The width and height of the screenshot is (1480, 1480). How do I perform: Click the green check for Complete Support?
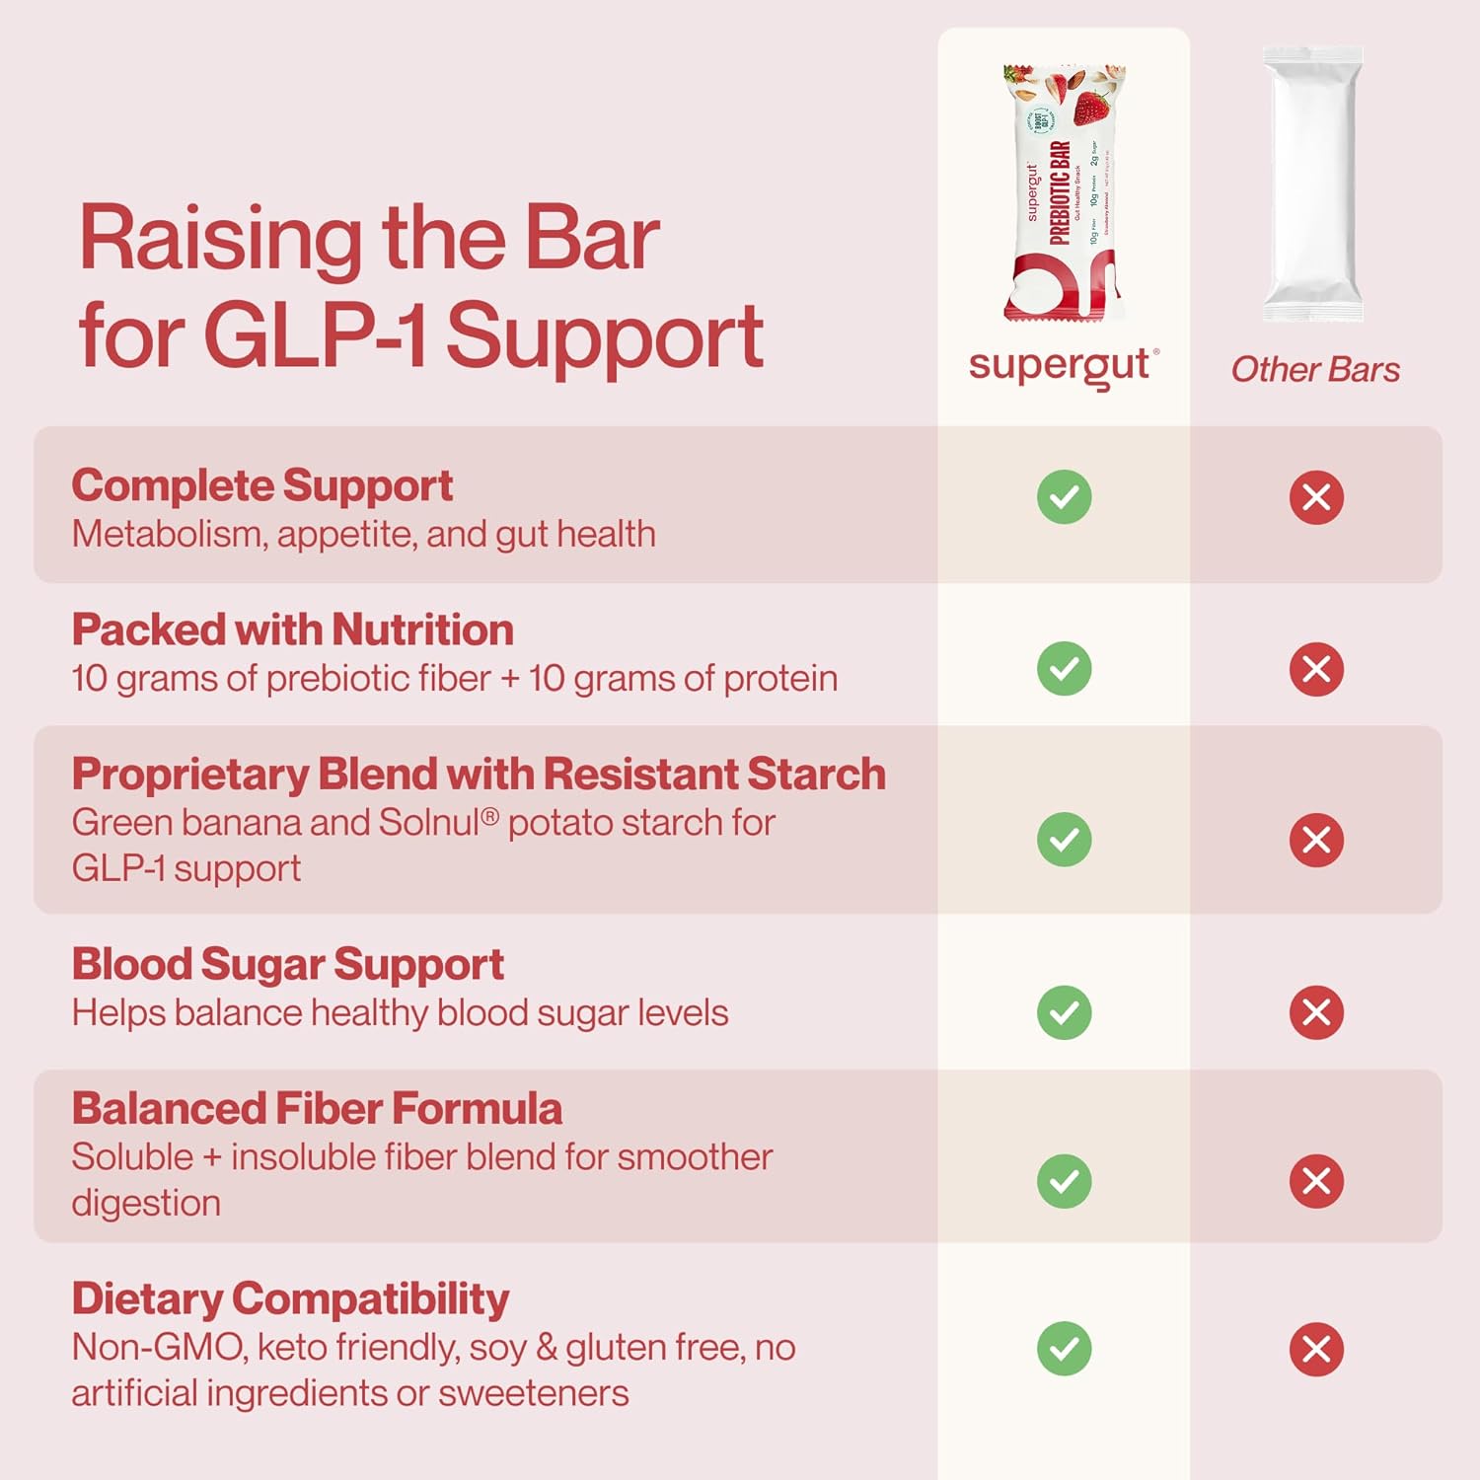pyautogui.click(x=1064, y=496)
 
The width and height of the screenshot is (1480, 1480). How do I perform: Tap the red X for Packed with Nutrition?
pyautogui.click(x=1316, y=669)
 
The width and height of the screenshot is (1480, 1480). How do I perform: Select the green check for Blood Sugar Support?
pyautogui.click(x=1064, y=1012)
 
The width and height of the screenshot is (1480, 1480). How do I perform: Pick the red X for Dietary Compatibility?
pyautogui.click(x=1316, y=1349)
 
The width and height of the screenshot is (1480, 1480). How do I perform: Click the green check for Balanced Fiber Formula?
pyautogui.click(x=1064, y=1181)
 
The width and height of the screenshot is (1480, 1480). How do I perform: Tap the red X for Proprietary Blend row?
pyautogui.click(x=1316, y=840)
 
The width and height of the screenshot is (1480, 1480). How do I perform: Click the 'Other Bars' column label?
pyautogui.click(x=1315, y=370)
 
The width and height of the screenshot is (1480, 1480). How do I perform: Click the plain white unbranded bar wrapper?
pyautogui.click(x=1313, y=185)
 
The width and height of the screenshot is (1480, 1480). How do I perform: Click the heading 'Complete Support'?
pyautogui.click(x=261, y=485)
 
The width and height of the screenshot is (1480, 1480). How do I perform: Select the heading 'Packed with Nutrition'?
pyautogui.click(x=292, y=629)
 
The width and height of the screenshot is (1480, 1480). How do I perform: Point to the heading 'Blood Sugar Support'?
pyautogui.click(x=287, y=964)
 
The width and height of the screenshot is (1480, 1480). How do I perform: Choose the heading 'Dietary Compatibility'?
pyautogui.click(x=290, y=1299)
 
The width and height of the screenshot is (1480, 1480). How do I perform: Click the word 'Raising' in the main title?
pyautogui.click(x=220, y=239)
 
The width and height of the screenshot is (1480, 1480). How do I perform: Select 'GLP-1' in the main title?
pyautogui.click(x=315, y=335)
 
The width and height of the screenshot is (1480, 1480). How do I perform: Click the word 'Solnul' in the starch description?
pyautogui.click(x=429, y=823)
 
